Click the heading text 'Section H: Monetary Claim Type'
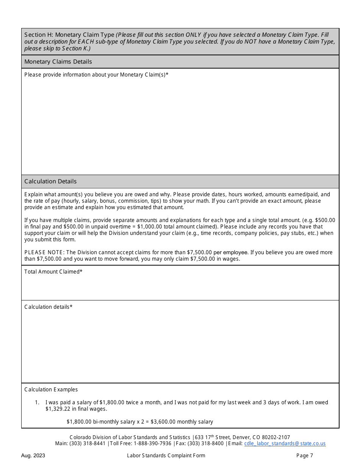tap(69, 35)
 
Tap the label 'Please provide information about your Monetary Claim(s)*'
tap(96, 75)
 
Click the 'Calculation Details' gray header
tap(50, 181)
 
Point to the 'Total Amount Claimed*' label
tap(53, 272)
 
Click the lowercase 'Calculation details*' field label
tap(48, 307)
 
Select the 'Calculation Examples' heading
tap(51, 389)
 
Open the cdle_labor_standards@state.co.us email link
tap(285, 444)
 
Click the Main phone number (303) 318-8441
tap(88, 444)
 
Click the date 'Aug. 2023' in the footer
tap(33, 456)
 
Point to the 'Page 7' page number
tap(305, 456)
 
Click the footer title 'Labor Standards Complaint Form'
tap(166, 456)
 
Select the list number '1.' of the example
tap(37, 402)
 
